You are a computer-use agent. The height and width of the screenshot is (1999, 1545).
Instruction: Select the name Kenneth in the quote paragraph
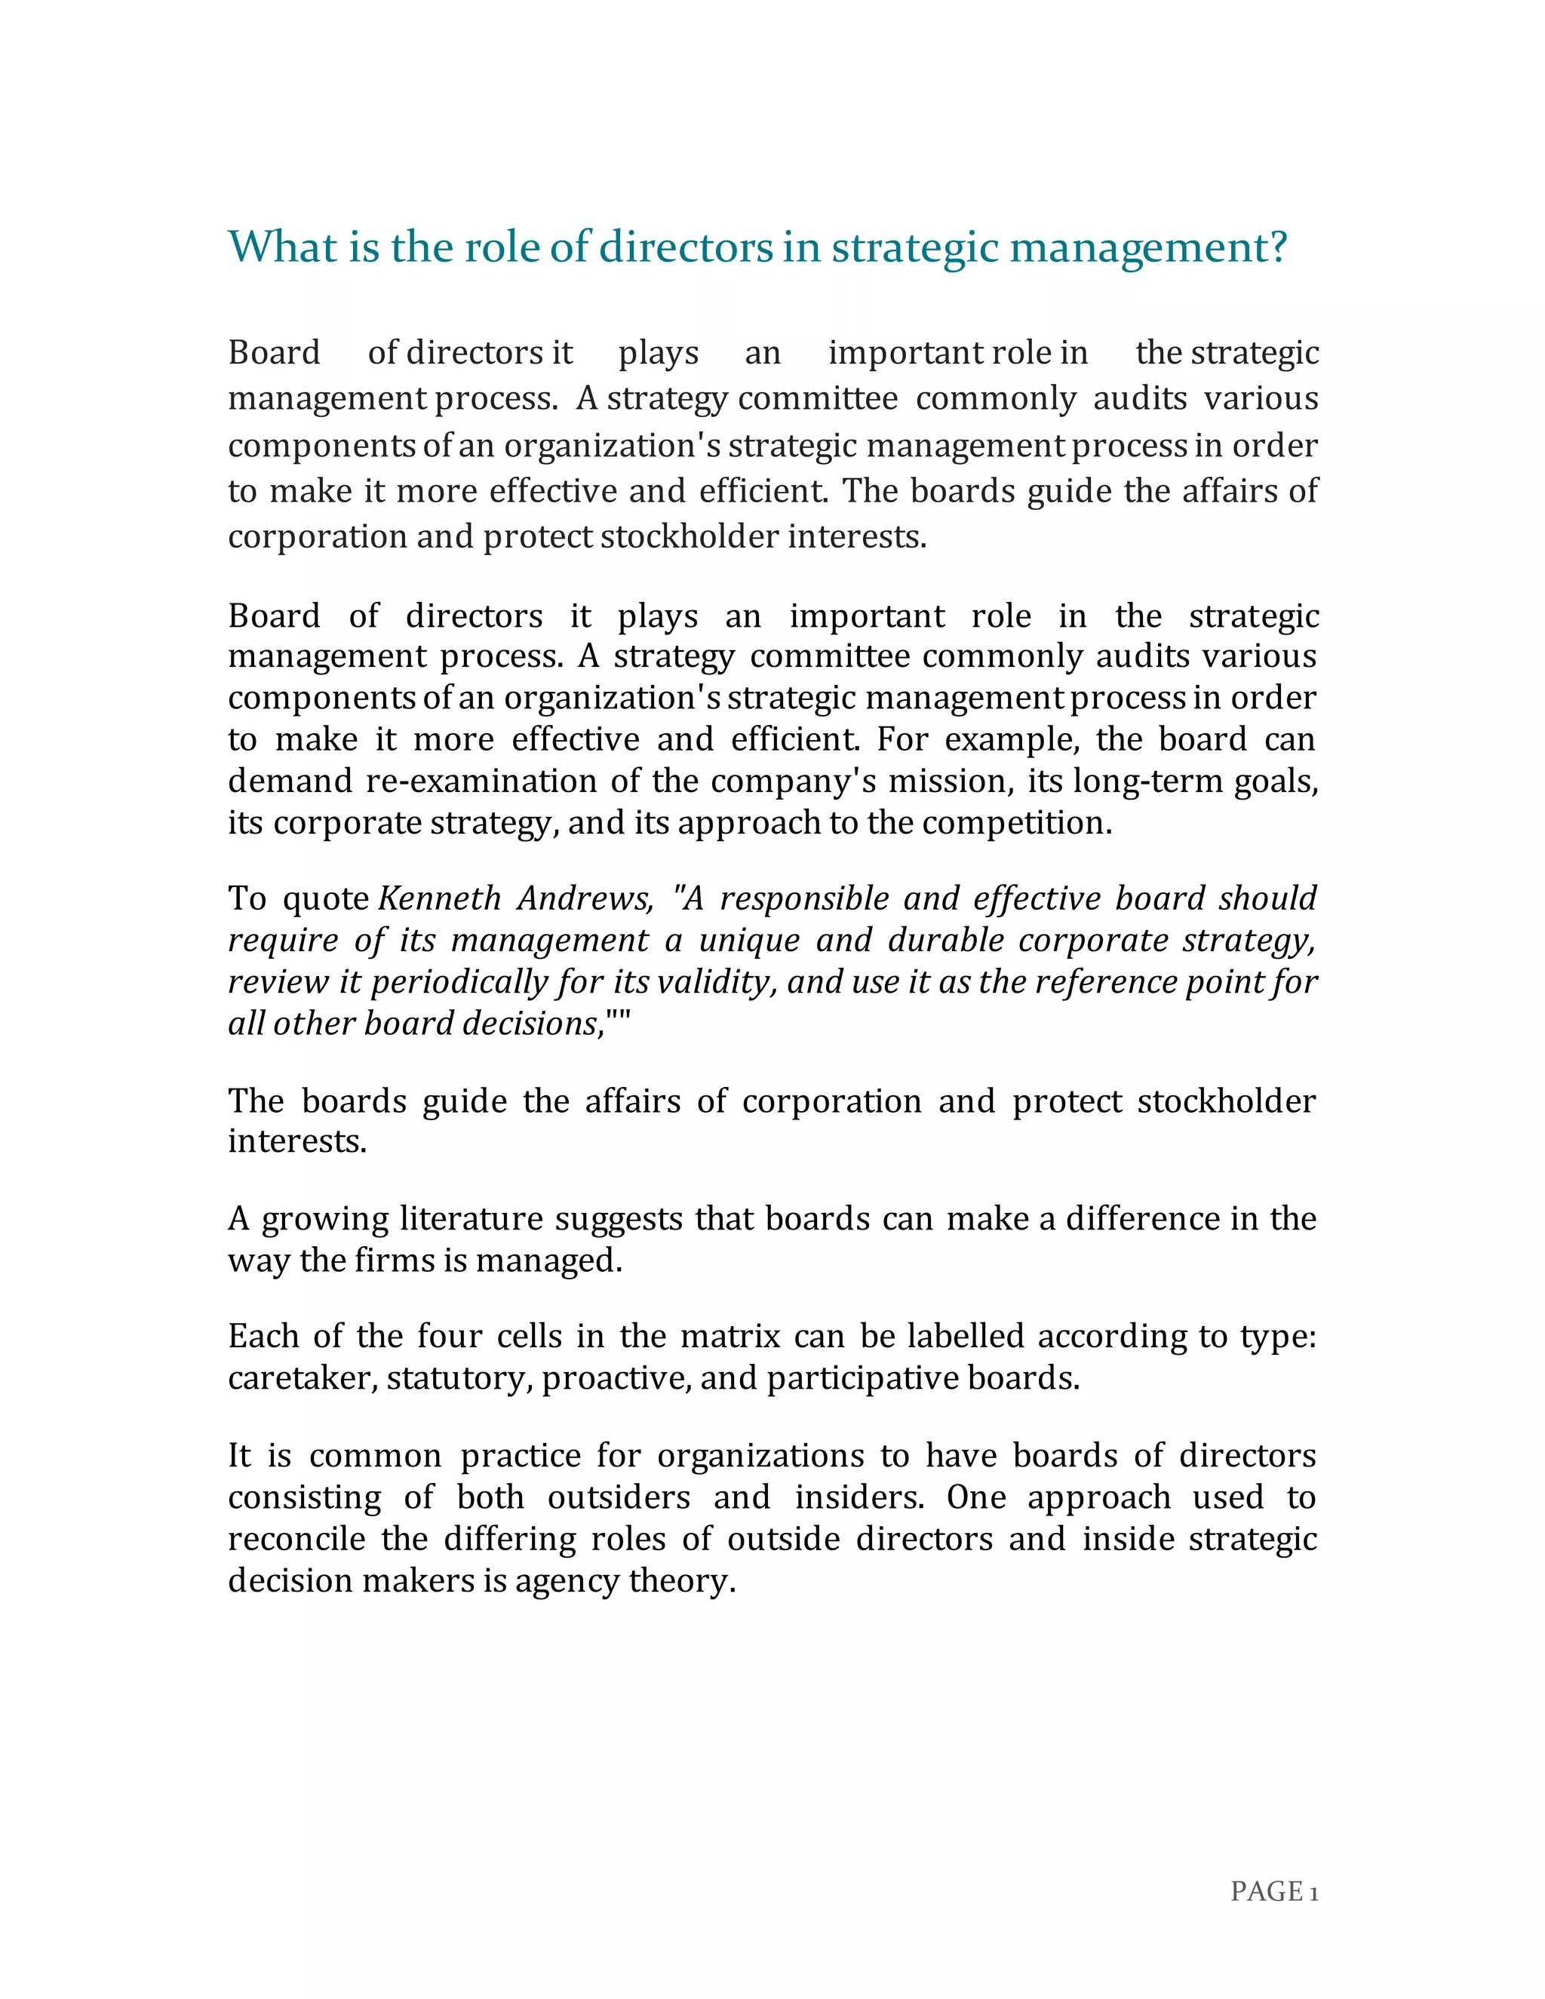(439, 899)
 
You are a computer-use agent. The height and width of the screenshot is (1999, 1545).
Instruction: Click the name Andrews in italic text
(585, 899)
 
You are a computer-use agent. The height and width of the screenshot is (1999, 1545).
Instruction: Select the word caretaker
(302, 1378)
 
